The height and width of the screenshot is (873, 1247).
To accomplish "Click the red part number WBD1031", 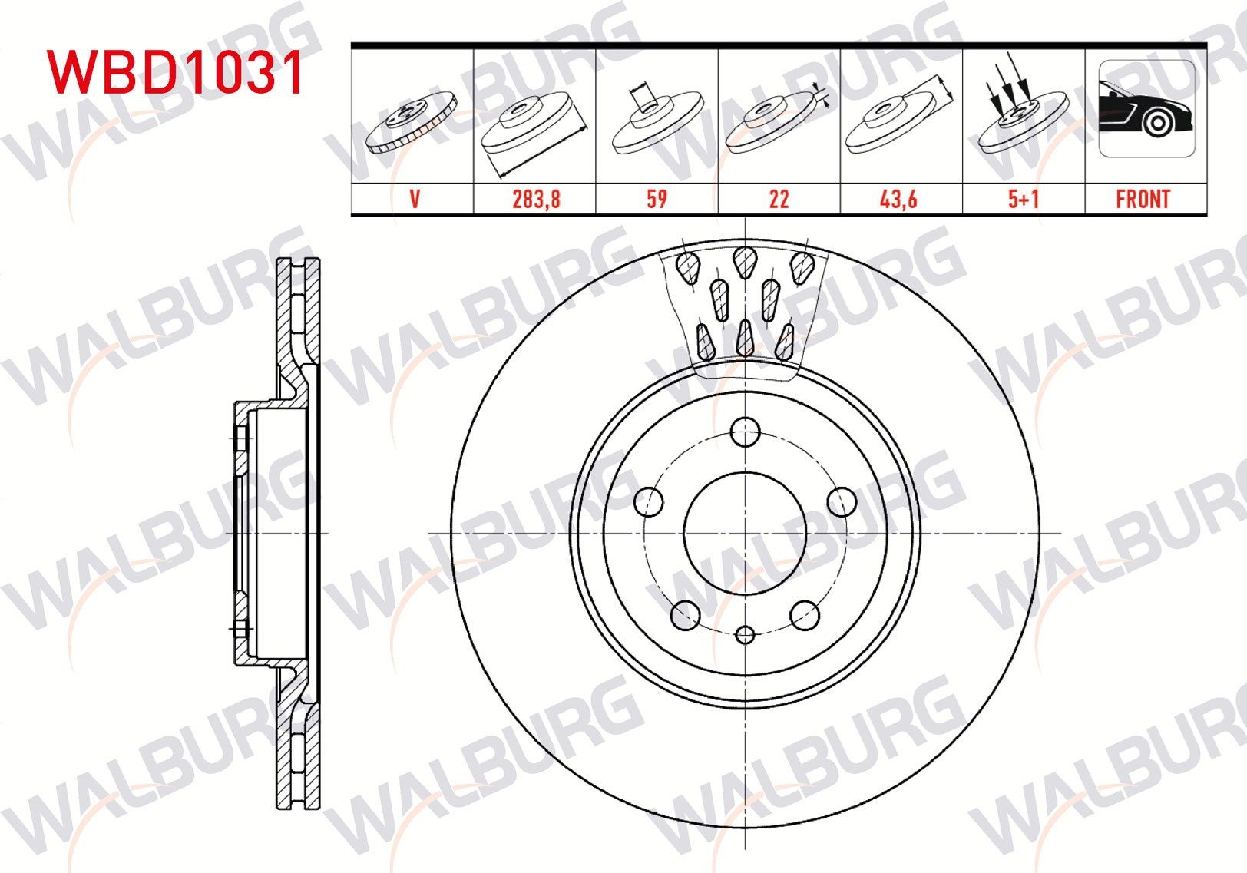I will click(x=177, y=73).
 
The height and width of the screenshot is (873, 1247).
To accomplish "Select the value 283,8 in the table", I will click(x=536, y=200).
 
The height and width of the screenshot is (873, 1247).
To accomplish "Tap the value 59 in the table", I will click(x=657, y=200).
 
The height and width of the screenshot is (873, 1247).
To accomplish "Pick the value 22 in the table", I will click(x=779, y=200).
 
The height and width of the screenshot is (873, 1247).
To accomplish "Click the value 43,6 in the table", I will click(x=898, y=200).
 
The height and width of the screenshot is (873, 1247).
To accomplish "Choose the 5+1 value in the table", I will click(x=1024, y=200).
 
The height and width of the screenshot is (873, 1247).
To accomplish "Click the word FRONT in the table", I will click(x=1143, y=200).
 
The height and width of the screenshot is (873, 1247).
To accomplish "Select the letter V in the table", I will click(x=415, y=200).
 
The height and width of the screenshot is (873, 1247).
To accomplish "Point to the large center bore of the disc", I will click(x=745, y=533).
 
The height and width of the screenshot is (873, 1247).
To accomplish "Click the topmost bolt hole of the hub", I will click(x=745, y=432).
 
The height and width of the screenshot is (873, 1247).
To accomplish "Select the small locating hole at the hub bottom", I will click(x=745, y=634).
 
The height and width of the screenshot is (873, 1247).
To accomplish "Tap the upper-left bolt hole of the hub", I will click(x=649, y=501).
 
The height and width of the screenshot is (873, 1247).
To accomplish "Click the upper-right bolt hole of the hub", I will click(x=842, y=501).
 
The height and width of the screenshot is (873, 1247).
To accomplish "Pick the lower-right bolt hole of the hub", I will click(x=805, y=614).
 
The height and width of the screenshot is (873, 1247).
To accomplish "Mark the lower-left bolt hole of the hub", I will click(x=685, y=614).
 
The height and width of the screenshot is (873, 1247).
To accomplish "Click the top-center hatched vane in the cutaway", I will click(x=745, y=262).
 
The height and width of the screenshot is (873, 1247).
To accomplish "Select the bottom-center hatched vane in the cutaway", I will click(x=744, y=339).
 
